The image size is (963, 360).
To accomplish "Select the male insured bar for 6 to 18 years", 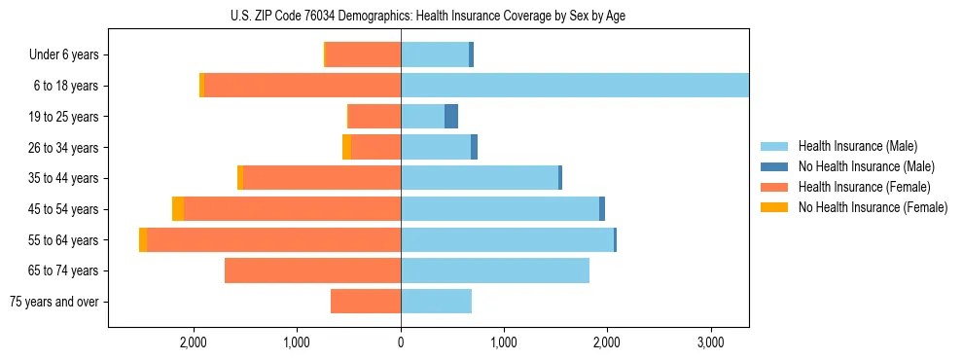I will pyautogui.click(x=574, y=86).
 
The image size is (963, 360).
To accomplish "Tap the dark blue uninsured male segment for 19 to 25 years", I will pyautogui.click(x=451, y=117).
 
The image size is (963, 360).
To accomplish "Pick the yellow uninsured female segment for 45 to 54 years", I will pyautogui.click(x=178, y=209).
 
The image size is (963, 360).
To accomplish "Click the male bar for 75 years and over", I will pyautogui.click(x=436, y=302).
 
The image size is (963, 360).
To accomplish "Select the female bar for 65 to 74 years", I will pyautogui.click(x=312, y=270).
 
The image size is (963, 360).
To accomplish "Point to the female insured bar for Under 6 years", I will pyautogui.click(x=363, y=55).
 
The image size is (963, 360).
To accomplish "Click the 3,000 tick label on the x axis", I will pyautogui.click(x=710, y=342).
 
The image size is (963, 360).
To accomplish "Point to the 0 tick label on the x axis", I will pyautogui.click(x=401, y=342).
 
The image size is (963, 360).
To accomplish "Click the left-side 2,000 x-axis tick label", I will pyautogui.click(x=194, y=342).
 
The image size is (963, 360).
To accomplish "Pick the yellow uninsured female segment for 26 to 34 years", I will pyautogui.click(x=346, y=148).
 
